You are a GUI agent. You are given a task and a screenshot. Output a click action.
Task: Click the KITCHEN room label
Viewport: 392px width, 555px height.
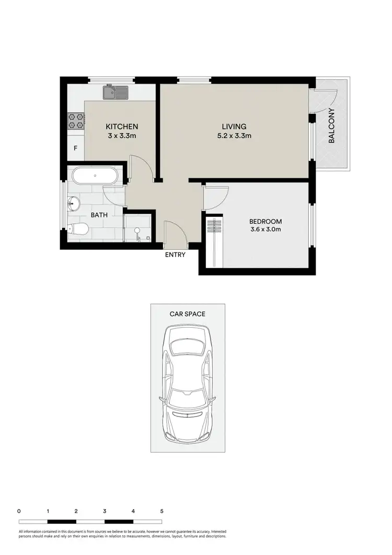122,126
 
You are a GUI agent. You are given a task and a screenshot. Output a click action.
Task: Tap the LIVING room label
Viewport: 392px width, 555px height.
234,126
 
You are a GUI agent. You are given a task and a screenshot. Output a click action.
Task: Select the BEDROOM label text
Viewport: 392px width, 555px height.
266,221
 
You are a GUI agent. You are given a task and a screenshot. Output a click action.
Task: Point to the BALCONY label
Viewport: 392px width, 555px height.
331,125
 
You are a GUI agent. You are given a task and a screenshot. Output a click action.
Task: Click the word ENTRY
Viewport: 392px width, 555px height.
175,255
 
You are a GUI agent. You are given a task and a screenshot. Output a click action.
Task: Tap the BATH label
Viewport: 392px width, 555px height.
99,215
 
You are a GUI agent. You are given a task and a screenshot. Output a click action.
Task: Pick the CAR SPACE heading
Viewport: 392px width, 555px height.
187,314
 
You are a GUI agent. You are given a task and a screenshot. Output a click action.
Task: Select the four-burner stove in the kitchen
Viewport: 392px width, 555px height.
75,121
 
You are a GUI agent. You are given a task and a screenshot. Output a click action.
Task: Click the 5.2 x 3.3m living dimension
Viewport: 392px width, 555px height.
234,136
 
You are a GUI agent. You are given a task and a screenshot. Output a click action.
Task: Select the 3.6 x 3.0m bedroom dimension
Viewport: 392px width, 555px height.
266,229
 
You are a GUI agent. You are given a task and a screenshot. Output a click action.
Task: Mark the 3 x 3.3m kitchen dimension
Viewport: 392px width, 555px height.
122,136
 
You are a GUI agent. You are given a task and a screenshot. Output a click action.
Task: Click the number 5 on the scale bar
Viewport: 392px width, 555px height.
162,511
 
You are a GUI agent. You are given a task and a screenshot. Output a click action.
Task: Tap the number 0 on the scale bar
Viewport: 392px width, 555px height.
19,511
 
